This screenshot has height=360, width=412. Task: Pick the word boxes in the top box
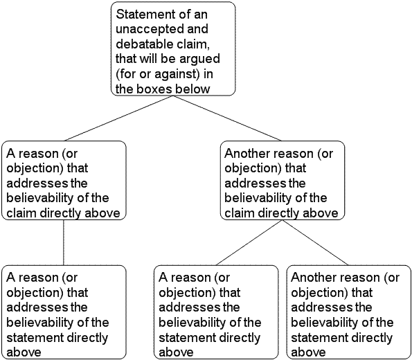point(154,89)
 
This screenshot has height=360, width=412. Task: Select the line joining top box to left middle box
point(118,118)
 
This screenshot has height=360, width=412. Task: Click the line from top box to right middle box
point(226,118)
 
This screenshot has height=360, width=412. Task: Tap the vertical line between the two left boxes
point(64,242)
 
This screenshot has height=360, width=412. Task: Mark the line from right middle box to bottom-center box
point(249,242)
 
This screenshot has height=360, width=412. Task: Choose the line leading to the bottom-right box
point(315,242)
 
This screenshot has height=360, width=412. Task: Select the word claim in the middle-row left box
point(21,213)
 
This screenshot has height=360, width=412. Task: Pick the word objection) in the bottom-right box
point(319,293)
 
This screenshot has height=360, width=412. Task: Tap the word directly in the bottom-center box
point(240,338)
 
